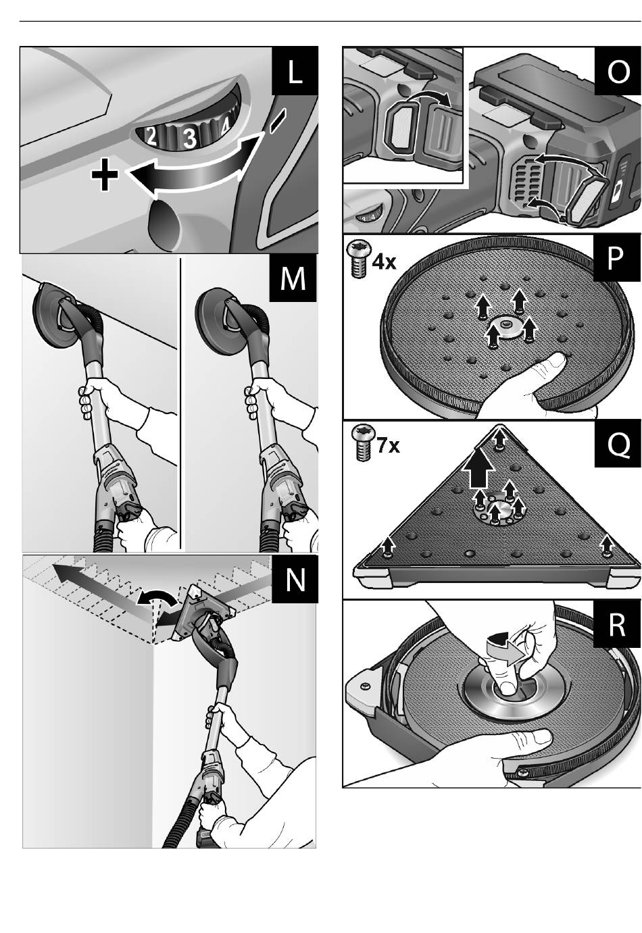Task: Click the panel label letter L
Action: pos(295,71)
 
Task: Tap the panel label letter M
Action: pos(293,278)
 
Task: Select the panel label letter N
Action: pos(295,579)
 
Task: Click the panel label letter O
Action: pos(618,71)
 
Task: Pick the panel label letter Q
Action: pos(618,444)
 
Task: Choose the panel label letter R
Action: pos(617,625)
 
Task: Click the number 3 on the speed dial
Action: pos(190,138)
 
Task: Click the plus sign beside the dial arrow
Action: pos(105,177)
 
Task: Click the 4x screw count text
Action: pos(385,261)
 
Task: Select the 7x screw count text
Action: pos(388,446)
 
